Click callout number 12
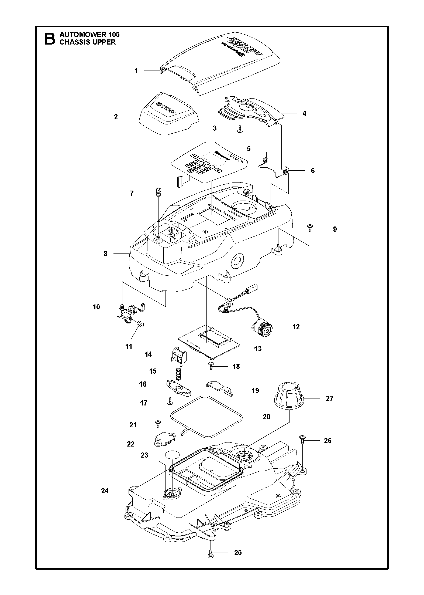296,327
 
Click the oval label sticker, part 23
172,455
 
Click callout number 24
105,491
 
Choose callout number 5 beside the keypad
249,148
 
